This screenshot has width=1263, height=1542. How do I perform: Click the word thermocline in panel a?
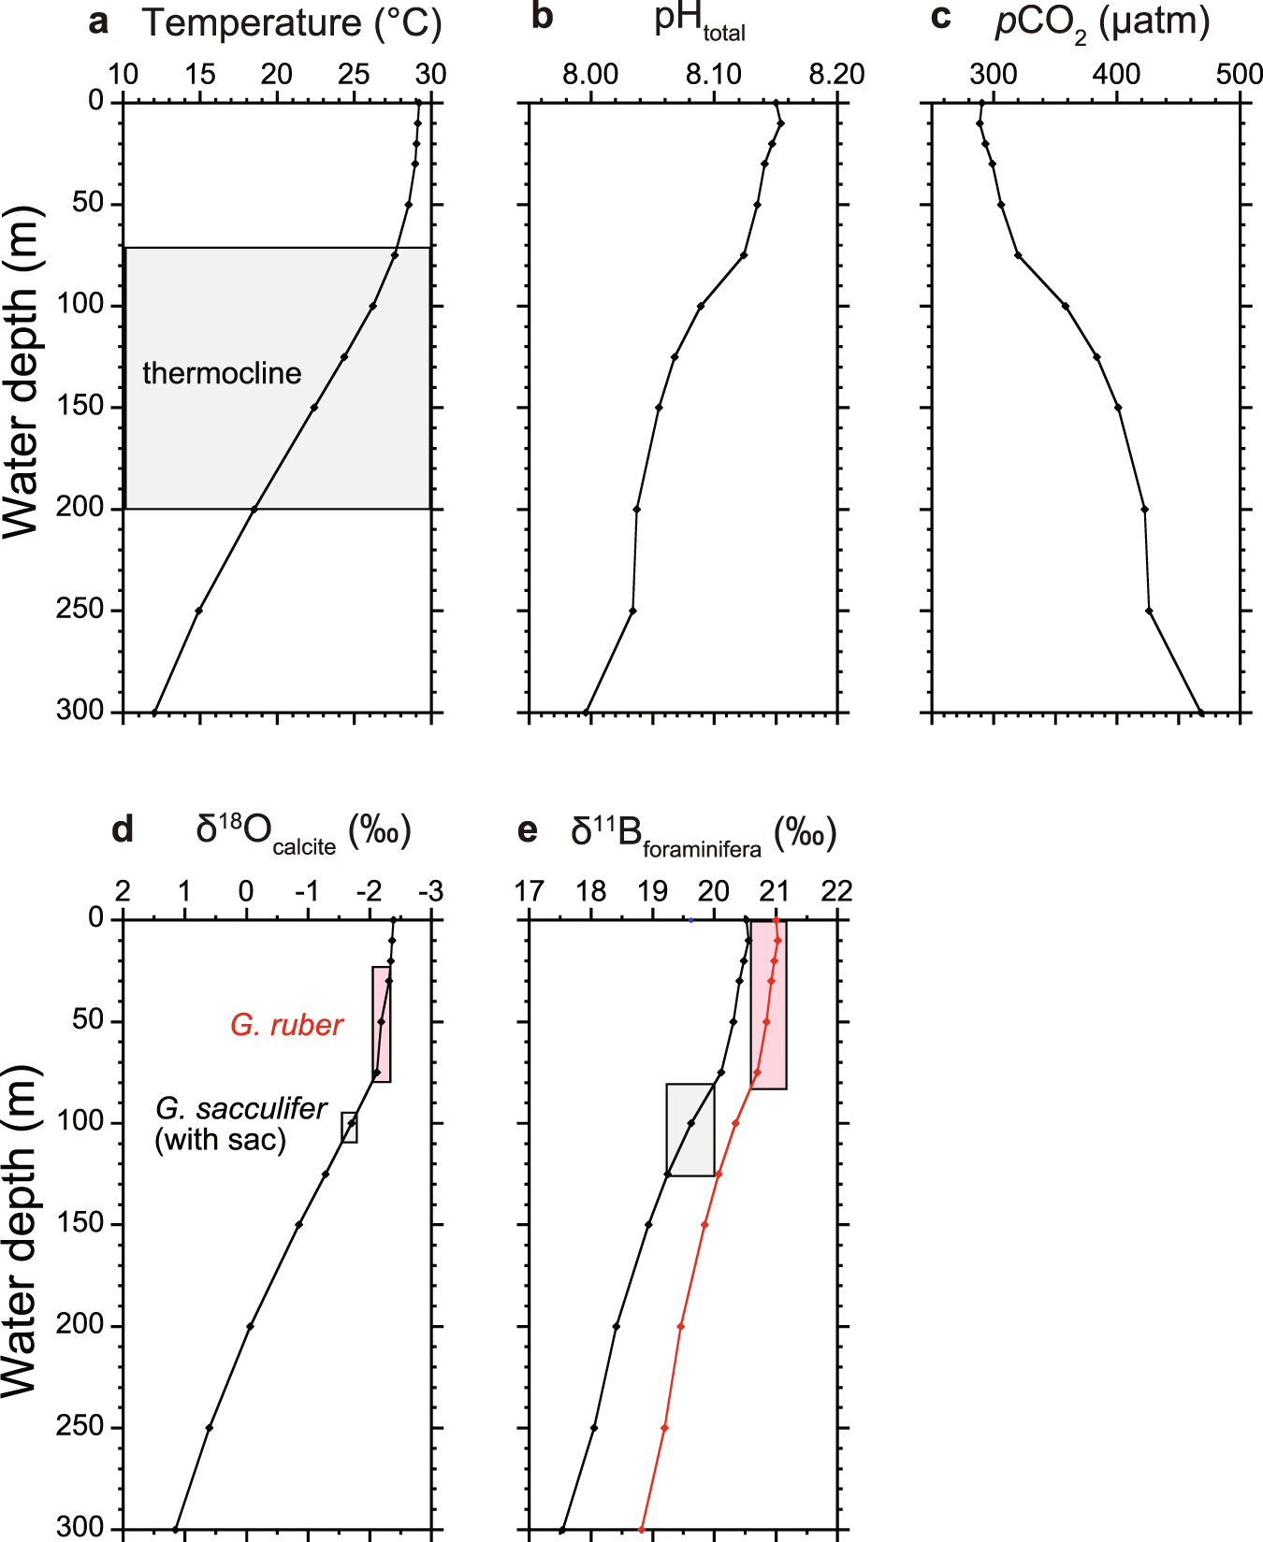click(x=222, y=373)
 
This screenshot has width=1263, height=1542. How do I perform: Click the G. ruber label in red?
click(x=287, y=1025)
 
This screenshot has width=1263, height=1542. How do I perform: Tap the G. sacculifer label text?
click(x=240, y=1109)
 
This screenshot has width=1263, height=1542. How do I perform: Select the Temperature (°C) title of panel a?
click(x=291, y=23)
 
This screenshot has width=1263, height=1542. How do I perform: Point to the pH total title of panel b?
click(x=699, y=22)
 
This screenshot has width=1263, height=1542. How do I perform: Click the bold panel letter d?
click(x=123, y=829)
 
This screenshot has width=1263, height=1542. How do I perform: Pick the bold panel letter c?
click(x=941, y=18)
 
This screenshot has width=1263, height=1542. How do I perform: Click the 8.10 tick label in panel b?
click(x=714, y=74)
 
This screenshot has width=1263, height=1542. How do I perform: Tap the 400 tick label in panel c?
click(x=1116, y=74)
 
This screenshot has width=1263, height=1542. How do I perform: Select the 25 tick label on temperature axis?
click(x=354, y=74)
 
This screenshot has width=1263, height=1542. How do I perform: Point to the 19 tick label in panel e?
click(x=652, y=891)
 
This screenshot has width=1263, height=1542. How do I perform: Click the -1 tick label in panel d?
click(x=307, y=891)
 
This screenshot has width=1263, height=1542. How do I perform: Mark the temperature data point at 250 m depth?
click(x=199, y=611)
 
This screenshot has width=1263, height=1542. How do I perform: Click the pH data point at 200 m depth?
click(x=637, y=510)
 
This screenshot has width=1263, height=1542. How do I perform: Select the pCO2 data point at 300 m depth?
click(x=1201, y=713)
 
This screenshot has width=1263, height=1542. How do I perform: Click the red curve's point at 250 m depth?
click(x=664, y=1428)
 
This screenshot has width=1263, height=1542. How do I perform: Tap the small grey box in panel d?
click(x=349, y=1128)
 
